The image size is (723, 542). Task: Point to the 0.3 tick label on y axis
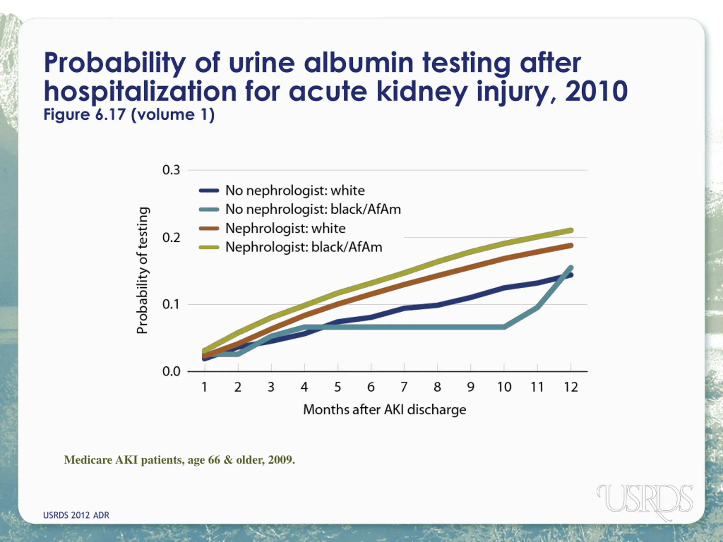pos(171,170)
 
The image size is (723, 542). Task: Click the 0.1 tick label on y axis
pos(171,305)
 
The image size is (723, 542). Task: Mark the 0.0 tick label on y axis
pos(171,371)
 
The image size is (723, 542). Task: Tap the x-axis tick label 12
pos(571,387)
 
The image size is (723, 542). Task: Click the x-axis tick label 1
pos(204,387)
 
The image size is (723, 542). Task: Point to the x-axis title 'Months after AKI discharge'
pos(385,410)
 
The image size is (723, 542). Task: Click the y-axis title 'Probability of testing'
pos(143,270)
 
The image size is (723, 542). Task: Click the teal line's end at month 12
pos(571,268)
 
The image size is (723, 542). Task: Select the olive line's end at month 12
pos(571,231)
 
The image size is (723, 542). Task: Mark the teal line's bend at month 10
pos(504,327)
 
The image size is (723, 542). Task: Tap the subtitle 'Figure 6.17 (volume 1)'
pos(129,115)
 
